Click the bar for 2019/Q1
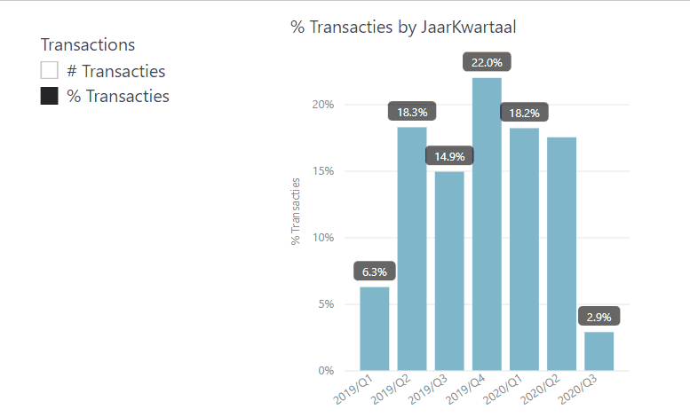pyautogui.click(x=375, y=328)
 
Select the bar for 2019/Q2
pyautogui.click(x=412, y=248)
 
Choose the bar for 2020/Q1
pyautogui.click(x=524, y=248)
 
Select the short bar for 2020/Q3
pyautogui.click(x=599, y=350)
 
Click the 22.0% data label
pyautogui.click(x=488, y=63)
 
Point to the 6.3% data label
pyautogui.click(x=375, y=271)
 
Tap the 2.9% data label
pyautogui.click(x=599, y=317)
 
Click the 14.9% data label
pyautogui.click(x=449, y=157)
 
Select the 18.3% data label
pyautogui.click(x=412, y=113)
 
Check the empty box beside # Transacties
pyautogui.click(x=50, y=71)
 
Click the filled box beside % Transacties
pyautogui.click(x=50, y=97)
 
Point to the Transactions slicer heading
pyautogui.click(x=88, y=44)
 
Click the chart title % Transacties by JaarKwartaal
pyautogui.click(x=403, y=28)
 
